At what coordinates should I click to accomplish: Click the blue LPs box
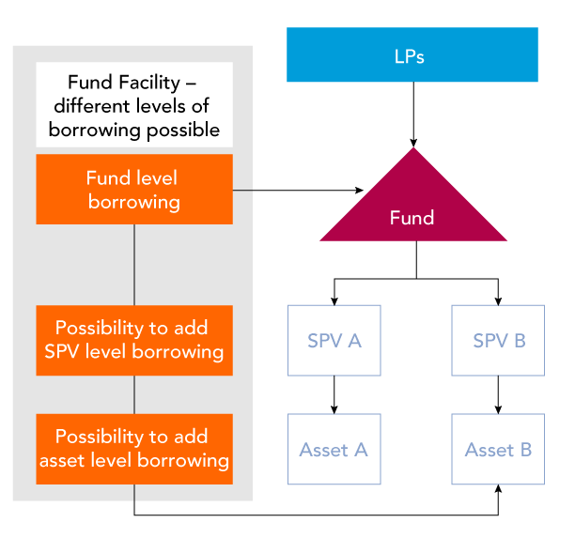pyautogui.click(x=412, y=54)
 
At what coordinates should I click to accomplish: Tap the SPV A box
pyautogui.click(x=334, y=341)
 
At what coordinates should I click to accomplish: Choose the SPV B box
pyautogui.click(x=497, y=341)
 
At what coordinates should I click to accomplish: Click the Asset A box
pyautogui.click(x=334, y=450)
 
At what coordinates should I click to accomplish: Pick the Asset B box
pyautogui.click(x=497, y=450)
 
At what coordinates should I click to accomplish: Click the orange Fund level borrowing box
pyautogui.click(x=134, y=190)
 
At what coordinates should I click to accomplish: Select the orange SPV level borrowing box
pyautogui.click(x=134, y=340)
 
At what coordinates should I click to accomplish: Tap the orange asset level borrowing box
pyautogui.click(x=134, y=449)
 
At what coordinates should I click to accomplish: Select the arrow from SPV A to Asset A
pyautogui.click(x=334, y=394)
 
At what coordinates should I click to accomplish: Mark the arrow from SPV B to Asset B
pyautogui.click(x=497, y=394)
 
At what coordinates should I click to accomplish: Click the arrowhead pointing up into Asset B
pyautogui.click(x=497, y=490)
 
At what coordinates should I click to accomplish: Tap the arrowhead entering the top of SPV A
pyautogui.click(x=334, y=300)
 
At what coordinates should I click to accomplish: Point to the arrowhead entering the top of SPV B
pyautogui.click(x=497, y=300)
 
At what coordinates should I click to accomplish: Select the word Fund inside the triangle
pyautogui.click(x=412, y=218)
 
